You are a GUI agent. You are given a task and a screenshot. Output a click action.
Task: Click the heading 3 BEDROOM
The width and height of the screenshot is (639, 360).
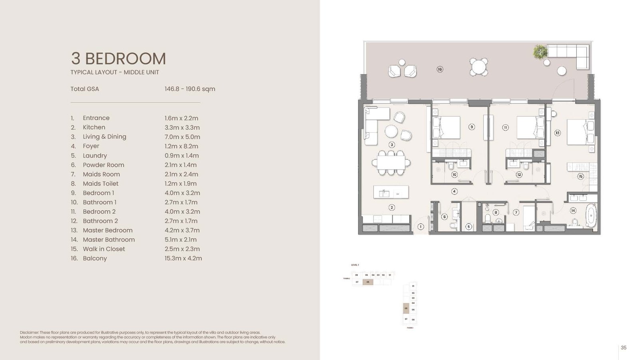118,59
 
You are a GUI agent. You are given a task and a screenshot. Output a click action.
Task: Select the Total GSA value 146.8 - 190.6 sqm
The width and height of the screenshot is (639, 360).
190,89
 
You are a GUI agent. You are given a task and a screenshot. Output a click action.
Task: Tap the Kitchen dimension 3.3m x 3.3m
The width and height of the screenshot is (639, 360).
182,127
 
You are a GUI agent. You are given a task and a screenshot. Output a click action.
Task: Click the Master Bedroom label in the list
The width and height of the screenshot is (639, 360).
107,230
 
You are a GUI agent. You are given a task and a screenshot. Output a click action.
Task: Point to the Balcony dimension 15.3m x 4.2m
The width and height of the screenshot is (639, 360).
183,258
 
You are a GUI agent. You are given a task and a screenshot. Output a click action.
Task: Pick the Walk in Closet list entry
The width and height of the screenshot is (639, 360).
103,249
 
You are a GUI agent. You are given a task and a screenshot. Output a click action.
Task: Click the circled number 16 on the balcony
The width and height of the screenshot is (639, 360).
440,69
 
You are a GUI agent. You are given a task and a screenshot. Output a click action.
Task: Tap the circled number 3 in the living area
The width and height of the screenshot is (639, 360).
391,145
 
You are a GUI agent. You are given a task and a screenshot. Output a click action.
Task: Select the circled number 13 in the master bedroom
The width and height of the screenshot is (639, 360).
557,133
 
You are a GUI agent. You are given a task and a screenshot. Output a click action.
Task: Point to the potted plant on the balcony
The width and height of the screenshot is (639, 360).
540,52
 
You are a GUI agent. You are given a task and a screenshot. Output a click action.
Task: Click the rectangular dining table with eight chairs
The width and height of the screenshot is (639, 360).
391,163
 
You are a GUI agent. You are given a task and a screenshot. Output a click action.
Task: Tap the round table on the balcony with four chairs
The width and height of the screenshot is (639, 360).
478,67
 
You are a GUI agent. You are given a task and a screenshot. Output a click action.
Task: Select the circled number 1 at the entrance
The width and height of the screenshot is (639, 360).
420,227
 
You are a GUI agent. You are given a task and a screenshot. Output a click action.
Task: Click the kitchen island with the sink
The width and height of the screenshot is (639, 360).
391,192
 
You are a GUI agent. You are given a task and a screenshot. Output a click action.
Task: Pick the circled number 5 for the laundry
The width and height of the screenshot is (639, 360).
468,227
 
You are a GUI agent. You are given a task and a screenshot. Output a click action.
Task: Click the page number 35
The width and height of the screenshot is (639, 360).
623,348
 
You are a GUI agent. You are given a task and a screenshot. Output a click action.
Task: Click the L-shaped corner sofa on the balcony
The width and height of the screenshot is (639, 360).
571,55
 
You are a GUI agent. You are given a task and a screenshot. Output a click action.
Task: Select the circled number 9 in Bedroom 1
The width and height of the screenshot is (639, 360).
472,127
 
